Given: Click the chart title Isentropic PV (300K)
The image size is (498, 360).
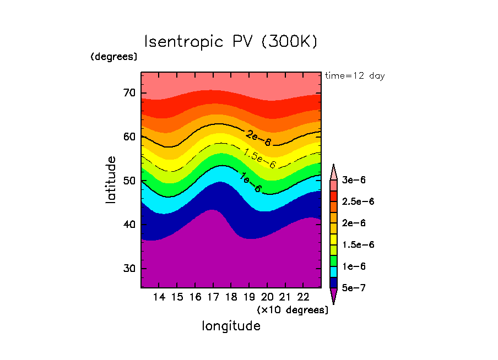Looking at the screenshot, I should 231,42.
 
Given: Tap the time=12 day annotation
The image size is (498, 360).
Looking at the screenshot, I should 355,76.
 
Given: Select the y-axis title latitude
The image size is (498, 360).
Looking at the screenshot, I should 111,179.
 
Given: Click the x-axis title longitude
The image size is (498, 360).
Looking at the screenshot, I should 231,326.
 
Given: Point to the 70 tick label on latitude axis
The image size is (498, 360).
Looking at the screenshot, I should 129,92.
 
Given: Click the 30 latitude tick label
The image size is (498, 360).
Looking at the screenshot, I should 129,269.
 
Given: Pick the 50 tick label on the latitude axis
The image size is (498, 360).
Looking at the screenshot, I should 129,181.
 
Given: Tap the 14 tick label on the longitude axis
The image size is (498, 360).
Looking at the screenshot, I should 159,298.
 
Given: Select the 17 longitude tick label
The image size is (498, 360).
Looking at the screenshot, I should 213,298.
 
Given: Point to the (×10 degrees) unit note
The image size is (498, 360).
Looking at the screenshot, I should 293,310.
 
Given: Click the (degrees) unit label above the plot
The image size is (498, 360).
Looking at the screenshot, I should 114,57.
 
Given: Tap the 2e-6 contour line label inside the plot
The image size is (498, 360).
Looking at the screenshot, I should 258,138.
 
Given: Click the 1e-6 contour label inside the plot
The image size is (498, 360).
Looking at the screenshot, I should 251,182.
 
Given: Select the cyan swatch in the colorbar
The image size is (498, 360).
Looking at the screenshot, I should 333,271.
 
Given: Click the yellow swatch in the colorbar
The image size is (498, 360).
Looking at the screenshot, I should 333,239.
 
